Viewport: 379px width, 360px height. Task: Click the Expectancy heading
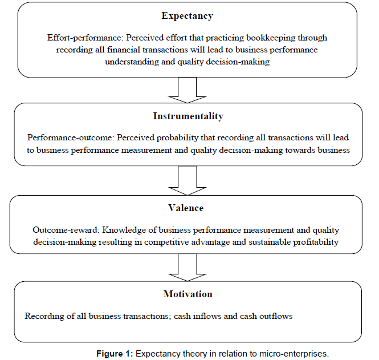click(188, 16)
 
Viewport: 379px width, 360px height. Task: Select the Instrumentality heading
click(188, 116)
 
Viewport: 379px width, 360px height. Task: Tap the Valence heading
click(186, 208)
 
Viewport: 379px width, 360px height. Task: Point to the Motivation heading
click(188, 294)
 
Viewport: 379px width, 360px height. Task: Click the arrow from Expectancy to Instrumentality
click(188, 90)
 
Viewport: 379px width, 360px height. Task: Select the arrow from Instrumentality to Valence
click(188, 180)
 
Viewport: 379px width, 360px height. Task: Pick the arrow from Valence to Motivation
click(188, 268)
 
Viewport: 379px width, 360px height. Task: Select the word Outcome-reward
click(66, 230)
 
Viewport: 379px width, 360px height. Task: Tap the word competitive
click(166, 242)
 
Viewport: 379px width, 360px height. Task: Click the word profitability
click(316, 242)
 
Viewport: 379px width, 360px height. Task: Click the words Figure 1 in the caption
click(115, 354)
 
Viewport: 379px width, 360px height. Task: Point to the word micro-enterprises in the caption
click(294, 354)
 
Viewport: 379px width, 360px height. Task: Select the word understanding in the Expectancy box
click(132, 62)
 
